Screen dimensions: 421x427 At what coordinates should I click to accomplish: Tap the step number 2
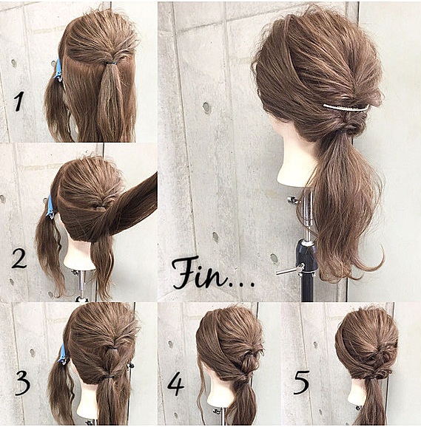[x=19, y=259]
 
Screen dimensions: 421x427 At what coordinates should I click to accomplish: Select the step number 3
[x=22, y=383]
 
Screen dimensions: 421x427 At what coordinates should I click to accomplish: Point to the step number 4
[x=176, y=383]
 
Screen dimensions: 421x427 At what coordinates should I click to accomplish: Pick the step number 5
[x=301, y=383]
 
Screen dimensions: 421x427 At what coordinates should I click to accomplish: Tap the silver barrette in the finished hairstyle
[x=346, y=108]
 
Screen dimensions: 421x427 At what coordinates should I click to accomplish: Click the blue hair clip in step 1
[x=58, y=70]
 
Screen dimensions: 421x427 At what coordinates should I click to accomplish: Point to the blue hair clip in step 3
[x=63, y=355]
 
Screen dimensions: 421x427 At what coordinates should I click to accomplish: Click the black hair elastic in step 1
[x=111, y=64]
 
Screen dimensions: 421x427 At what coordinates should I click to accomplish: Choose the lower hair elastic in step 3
[x=110, y=378]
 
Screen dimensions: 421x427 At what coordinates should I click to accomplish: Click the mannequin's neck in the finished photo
[x=294, y=160]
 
